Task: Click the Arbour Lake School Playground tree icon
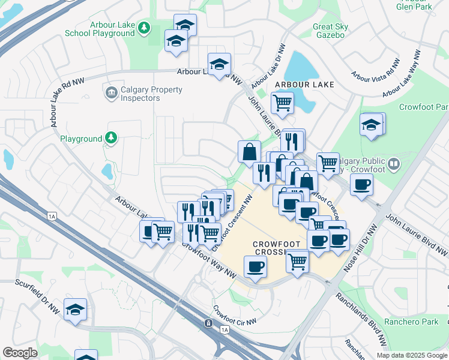(x=143, y=28)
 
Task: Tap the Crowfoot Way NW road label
(x=208, y=259)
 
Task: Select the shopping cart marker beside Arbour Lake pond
(x=282, y=101)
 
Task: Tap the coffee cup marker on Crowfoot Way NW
(x=255, y=266)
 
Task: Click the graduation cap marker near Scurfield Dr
(x=75, y=310)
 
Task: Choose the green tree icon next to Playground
(x=110, y=139)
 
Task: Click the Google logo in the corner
(x=20, y=353)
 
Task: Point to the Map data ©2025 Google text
(x=411, y=355)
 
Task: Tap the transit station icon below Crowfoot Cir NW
(x=208, y=323)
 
